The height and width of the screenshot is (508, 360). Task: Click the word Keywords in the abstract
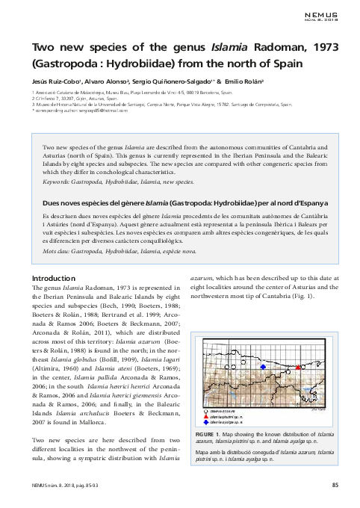pos(60,182)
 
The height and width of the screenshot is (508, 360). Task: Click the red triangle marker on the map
pos(299,367)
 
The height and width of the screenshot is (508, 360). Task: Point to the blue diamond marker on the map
pos(263,367)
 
